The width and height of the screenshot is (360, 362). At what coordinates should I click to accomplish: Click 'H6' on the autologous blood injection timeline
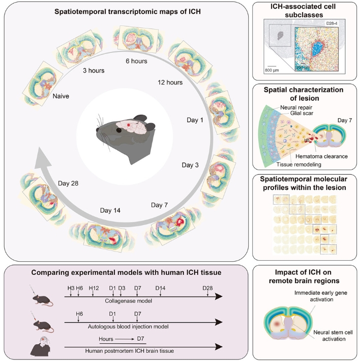(x=79, y=313)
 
